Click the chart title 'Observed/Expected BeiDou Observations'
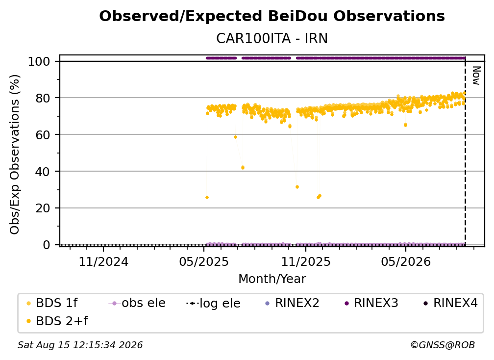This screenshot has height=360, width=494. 272,16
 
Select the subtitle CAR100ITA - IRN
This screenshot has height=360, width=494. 272,38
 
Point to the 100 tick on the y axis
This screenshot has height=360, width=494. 39,61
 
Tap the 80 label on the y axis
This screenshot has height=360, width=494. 43,98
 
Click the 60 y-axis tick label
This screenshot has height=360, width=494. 43,135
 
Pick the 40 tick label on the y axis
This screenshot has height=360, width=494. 43,172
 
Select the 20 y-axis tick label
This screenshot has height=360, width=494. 43,208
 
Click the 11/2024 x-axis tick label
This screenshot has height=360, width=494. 103,261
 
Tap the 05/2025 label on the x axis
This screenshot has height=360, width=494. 204,261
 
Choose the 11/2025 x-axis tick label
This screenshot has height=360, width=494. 306,261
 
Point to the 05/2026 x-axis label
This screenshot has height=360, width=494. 406,261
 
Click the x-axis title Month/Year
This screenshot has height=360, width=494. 272,279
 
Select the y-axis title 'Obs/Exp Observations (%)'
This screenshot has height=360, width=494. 15,154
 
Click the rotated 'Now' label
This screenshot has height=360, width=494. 476,76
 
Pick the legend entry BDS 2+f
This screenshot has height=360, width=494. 57,321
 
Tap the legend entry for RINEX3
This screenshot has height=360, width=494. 371,303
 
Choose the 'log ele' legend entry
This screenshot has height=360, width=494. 213,303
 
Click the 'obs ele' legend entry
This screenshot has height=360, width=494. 137,303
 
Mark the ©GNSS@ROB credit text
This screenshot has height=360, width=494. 443,345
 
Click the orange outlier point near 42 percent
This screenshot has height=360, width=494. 243,168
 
